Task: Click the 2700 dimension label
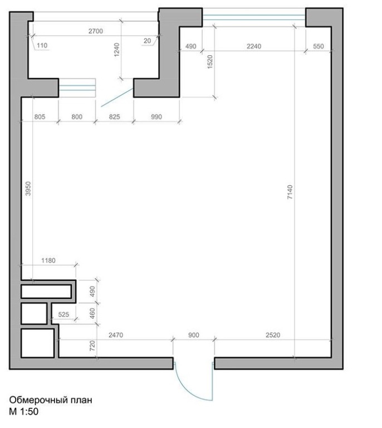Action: coord(96,31)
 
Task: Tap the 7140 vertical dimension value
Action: coord(290,192)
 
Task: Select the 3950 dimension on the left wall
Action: coord(28,188)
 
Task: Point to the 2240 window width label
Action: coord(254,46)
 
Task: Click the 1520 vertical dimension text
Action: coord(210,62)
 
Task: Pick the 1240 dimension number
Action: coord(117,50)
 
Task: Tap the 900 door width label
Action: coord(194,335)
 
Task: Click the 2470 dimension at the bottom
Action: coord(116,335)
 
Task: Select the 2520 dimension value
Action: coord(273,335)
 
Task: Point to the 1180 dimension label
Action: coord(48,260)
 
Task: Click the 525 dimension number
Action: coord(63,314)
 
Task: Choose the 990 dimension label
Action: coord(156,117)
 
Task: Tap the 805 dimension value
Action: coord(40,117)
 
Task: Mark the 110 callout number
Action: coord(42,45)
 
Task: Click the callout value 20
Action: coord(147,41)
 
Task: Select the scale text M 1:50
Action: coord(24,411)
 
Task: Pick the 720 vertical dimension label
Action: coord(92,346)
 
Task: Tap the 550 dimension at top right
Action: coord(318,46)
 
